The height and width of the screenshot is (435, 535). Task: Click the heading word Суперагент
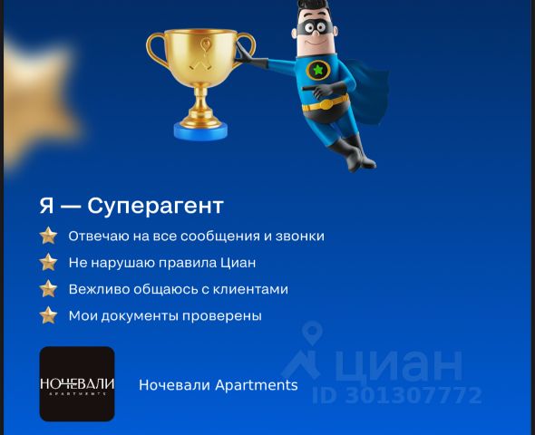155,207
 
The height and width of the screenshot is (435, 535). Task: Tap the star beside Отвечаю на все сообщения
48,236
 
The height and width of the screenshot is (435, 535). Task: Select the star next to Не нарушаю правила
48,262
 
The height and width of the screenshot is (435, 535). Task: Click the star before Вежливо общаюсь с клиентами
48,289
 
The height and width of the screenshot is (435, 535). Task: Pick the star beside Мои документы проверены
48,315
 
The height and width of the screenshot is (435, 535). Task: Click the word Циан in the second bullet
238,263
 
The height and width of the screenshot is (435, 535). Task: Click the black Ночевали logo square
77,384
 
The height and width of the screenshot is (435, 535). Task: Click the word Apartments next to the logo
257,385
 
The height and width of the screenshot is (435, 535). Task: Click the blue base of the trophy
200,130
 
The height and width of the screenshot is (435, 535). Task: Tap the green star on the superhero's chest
318,70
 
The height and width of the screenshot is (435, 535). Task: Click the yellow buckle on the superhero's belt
326,104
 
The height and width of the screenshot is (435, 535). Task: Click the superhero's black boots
353,152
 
